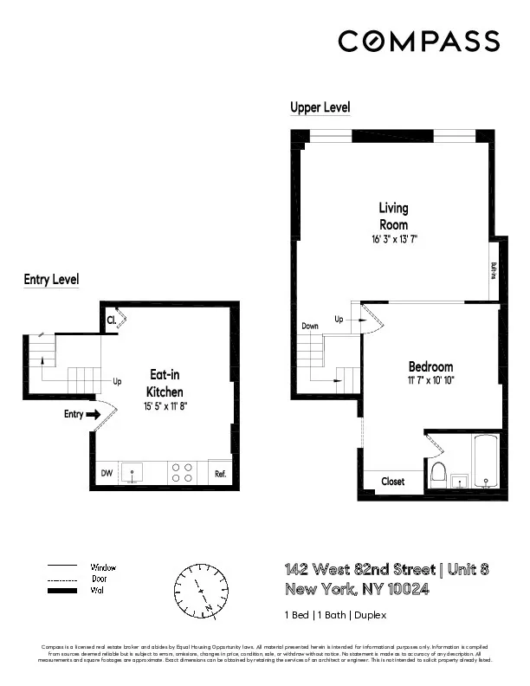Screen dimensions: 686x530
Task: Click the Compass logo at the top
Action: tap(418, 41)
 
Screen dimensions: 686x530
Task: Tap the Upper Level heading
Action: tap(320, 107)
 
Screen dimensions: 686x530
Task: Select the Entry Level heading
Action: tap(51, 279)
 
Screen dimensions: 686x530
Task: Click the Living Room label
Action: tap(393, 216)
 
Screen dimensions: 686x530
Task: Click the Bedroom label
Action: tap(430, 366)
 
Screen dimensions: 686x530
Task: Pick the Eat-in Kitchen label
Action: tap(165, 383)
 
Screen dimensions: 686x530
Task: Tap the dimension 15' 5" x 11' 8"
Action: tap(165, 405)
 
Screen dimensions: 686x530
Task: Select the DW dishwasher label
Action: tap(107, 473)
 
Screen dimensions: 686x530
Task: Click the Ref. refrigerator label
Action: tap(220, 474)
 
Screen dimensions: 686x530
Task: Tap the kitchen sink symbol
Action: tap(132, 473)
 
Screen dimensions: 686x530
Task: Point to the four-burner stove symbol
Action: tap(182, 472)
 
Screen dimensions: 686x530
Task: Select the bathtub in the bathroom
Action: tap(486, 463)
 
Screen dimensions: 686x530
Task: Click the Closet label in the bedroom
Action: tap(393, 481)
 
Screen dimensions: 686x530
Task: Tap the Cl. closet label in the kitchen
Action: tap(112, 320)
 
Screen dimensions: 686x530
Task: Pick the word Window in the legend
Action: tap(104, 567)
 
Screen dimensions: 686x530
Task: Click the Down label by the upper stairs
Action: tap(311, 326)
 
